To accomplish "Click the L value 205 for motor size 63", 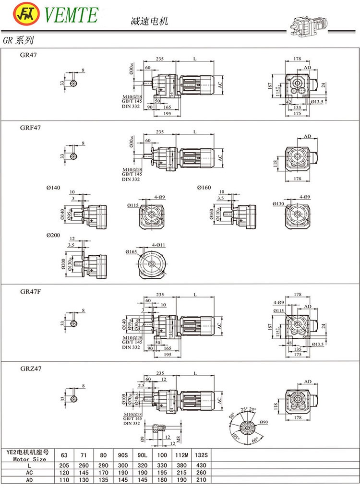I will [x=64, y=465].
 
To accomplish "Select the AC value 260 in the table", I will [x=202, y=472].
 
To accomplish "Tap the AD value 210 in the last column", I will [x=202, y=479].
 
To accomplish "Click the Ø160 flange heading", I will [x=203, y=187].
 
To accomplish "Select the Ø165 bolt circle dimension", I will [x=132, y=252].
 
